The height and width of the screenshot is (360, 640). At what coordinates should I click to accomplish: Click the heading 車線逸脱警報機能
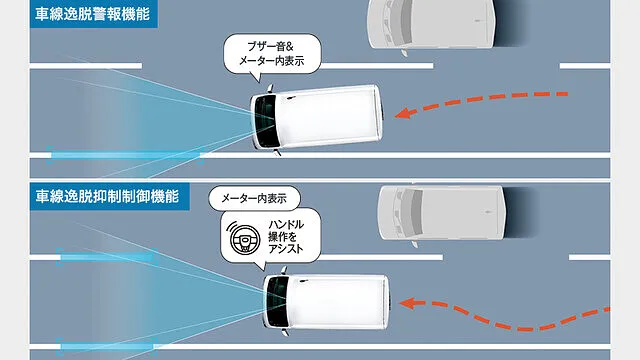(93, 14)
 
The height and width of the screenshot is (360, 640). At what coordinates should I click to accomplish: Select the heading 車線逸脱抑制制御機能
(107, 196)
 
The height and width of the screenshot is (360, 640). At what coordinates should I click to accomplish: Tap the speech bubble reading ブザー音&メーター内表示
(272, 54)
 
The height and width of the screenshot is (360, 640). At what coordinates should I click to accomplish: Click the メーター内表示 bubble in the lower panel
(254, 198)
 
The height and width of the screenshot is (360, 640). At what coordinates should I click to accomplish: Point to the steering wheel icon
(244, 239)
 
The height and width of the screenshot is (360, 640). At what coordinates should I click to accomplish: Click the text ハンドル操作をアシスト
(286, 237)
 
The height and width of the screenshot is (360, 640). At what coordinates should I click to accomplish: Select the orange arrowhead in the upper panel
(403, 113)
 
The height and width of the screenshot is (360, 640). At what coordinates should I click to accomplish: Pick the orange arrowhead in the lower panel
(407, 303)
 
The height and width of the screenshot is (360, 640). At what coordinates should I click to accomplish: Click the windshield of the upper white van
(264, 122)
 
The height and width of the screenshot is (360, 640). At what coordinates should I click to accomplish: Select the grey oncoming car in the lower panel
(444, 213)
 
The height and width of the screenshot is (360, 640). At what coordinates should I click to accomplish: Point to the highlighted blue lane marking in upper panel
(124, 155)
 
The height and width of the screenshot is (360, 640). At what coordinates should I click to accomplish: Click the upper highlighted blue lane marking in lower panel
(107, 257)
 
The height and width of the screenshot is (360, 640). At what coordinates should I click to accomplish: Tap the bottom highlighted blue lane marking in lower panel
(107, 347)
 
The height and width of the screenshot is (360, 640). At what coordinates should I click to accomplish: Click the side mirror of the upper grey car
(404, 53)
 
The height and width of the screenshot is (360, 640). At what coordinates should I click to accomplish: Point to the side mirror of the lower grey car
(414, 244)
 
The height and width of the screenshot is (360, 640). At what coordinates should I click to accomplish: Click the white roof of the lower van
(338, 302)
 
